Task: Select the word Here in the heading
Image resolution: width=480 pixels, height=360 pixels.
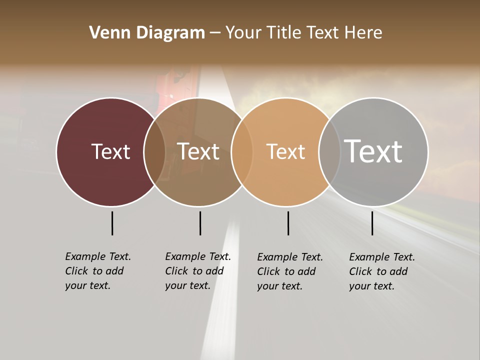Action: click(363, 33)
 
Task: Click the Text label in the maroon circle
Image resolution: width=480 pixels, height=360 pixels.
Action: click(110, 151)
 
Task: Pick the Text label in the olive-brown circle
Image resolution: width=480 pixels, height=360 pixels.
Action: click(198, 151)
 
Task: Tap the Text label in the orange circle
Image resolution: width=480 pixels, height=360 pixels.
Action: click(285, 151)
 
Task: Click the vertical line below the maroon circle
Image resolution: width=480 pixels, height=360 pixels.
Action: click(112, 223)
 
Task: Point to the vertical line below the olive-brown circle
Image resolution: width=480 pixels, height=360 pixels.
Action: click(200, 223)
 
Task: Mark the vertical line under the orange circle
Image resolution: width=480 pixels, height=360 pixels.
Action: click(288, 223)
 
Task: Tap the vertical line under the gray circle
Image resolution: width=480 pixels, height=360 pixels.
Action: click(372, 223)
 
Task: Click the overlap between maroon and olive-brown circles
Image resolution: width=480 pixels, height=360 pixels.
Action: click(154, 152)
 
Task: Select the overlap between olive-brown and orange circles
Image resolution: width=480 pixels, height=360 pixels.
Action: click(242, 152)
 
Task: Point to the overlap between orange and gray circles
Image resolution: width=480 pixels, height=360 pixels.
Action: click(329, 152)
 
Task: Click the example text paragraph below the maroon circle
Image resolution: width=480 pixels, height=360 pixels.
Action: click(98, 271)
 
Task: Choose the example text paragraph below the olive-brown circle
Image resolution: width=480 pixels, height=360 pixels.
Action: click(198, 271)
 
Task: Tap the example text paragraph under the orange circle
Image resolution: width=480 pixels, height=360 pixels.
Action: click(290, 271)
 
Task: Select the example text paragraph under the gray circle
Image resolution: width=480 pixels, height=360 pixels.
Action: click(382, 271)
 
